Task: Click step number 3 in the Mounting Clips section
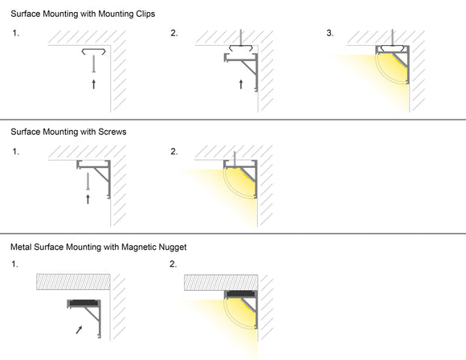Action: coord(329,33)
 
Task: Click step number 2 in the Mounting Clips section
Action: coord(174,33)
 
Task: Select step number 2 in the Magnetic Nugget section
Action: coord(174,264)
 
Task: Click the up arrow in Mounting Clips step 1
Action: coord(94,83)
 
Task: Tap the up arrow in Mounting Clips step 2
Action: coord(241,83)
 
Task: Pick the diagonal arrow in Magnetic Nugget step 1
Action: coord(78,329)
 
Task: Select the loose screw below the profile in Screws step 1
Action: coord(88,181)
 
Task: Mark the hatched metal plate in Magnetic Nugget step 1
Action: coord(72,282)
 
